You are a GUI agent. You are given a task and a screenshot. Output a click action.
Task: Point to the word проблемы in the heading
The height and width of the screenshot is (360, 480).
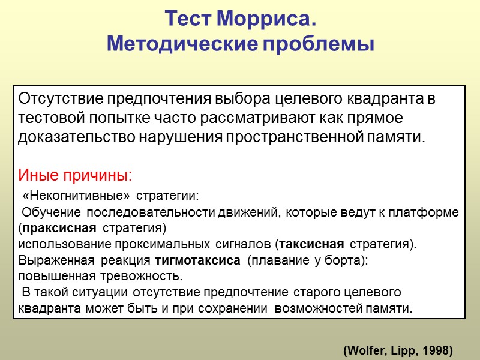(x=318, y=44)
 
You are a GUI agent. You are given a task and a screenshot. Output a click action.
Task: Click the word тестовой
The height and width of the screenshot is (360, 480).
(x=47, y=116)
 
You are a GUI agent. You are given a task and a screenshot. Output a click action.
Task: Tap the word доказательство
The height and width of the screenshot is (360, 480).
(x=77, y=136)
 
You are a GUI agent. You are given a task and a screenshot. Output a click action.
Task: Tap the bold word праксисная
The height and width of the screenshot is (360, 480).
(x=59, y=228)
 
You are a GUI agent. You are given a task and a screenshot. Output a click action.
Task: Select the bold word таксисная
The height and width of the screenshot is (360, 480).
(x=311, y=244)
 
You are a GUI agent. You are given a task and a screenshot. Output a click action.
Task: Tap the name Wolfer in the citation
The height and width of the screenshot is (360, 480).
(x=364, y=349)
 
